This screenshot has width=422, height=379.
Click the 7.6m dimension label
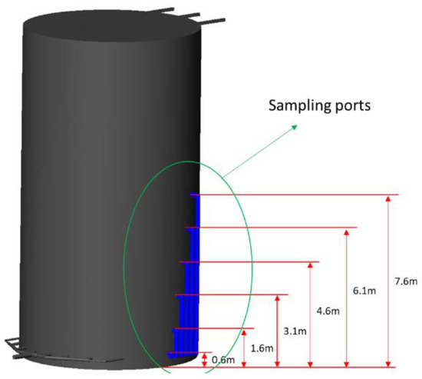406,281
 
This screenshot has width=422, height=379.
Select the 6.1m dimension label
364,291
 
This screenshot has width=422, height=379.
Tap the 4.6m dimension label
328,311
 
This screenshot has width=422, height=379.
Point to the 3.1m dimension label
295,331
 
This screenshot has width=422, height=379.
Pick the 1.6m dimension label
262,348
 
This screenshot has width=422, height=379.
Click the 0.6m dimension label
223,360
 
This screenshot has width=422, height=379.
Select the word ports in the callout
351,106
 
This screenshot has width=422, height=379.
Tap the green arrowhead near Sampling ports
295,127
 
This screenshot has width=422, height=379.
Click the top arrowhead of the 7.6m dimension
387,199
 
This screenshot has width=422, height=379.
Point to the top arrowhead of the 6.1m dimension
346,232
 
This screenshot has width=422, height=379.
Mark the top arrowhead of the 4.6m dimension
310,265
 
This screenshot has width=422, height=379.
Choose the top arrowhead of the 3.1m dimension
277,298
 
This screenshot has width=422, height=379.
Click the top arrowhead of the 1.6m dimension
244,332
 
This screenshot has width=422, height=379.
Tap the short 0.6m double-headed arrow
205,360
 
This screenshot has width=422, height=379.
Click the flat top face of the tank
112,26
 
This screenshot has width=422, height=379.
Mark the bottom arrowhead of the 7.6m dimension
387,364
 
